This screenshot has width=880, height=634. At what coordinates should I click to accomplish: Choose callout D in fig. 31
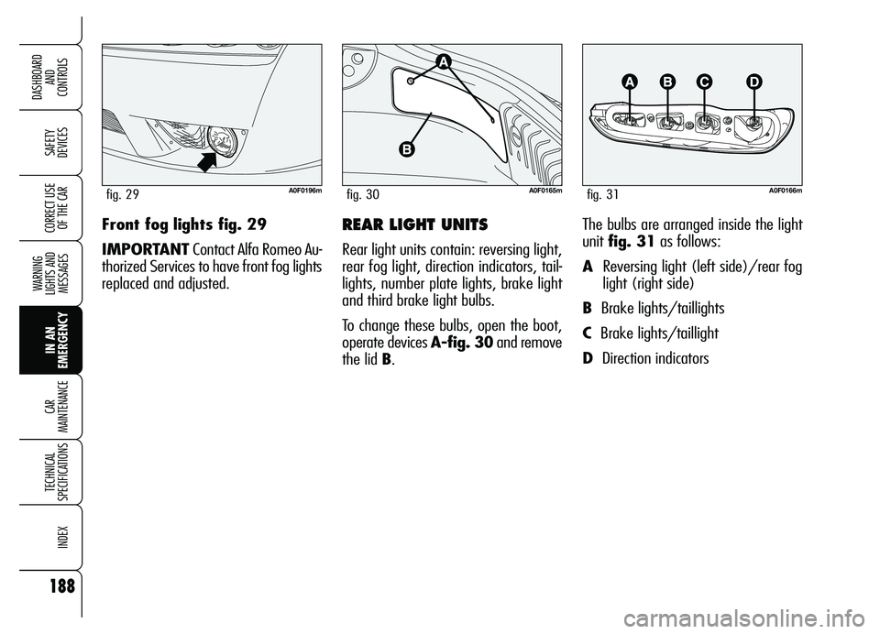753,82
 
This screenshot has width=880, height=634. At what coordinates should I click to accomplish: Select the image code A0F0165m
543,191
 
